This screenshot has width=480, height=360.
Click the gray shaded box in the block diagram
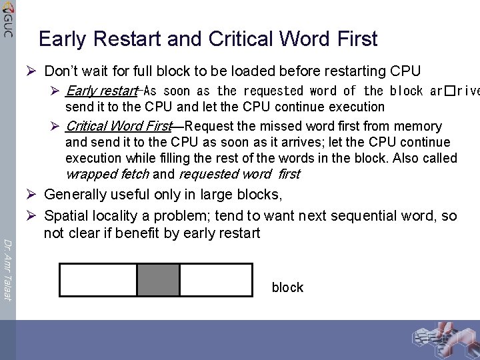[x=158, y=280]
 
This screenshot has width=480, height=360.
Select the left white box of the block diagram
[x=98, y=280]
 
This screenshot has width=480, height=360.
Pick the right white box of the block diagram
[x=217, y=280]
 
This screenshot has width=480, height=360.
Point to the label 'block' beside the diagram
[x=287, y=287]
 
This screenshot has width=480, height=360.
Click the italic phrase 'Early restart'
[x=101, y=91]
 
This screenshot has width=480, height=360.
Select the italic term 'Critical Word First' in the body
[x=119, y=126]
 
